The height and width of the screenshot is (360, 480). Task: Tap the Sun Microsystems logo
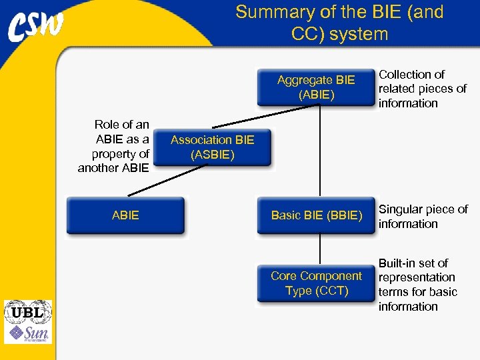coord(27,334)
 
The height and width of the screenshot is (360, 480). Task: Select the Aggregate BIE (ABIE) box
coord(316,87)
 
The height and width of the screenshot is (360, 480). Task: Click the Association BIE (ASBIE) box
coord(212,147)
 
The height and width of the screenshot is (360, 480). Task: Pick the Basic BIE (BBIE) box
coord(316,215)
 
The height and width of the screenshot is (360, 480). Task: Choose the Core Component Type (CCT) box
coord(316,283)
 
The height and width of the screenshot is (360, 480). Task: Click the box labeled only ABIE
coord(125,215)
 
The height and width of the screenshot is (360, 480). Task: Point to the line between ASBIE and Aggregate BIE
coord(267,117)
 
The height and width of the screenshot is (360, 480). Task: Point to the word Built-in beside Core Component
coord(398,263)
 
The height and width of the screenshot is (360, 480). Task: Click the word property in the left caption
coord(120,154)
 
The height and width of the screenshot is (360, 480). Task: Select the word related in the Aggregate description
coord(397,89)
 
